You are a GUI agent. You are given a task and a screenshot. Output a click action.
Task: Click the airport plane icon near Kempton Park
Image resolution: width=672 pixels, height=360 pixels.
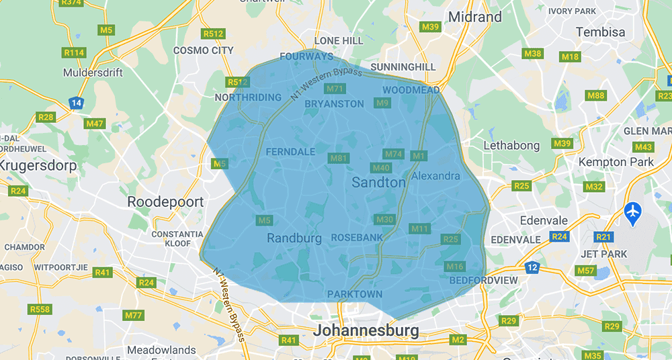click(632, 212)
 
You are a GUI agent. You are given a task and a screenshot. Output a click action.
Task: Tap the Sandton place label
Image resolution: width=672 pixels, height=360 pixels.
click(379, 182)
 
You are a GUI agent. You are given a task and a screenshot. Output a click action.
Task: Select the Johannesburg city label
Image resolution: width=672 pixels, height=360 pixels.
click(366, 330)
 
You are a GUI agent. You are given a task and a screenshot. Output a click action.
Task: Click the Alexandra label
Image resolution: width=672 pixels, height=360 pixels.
click(436, 176)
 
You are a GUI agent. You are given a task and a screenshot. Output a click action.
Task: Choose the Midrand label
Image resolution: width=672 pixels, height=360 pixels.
click(475, 16)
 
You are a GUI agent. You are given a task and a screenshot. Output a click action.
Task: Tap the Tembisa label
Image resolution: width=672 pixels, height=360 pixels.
click(600, 32)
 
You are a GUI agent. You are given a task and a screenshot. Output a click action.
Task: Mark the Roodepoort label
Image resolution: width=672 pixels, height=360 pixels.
click(161, 201)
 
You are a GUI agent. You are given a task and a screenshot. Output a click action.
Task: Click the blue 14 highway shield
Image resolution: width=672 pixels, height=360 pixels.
click(76, 103)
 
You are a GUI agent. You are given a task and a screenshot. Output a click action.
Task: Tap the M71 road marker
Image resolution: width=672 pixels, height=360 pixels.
click(335, 89)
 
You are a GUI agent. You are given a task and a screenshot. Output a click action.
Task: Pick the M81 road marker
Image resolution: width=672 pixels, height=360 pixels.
click(339, 158)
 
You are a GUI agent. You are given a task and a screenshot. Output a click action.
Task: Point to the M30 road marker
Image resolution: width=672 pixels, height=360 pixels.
click(384, 220)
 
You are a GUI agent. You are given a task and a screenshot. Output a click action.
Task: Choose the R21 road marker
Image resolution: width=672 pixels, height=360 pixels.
click(604, 236)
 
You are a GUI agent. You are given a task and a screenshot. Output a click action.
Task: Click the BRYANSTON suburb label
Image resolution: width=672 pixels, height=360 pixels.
click(334, 104)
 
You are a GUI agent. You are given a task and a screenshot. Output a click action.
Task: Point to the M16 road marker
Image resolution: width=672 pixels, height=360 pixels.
click(455, 267)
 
